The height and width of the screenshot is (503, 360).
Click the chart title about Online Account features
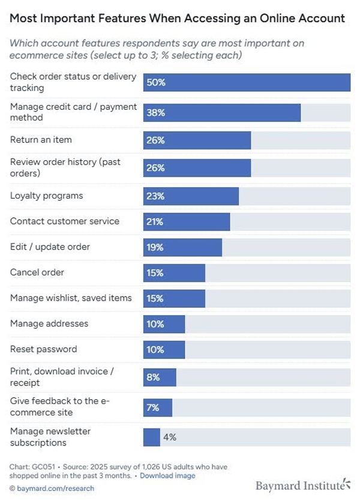178,18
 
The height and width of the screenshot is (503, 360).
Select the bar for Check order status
247,82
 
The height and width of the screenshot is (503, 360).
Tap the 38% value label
155,112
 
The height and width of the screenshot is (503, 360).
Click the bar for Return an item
197,140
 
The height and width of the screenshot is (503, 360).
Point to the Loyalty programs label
47,196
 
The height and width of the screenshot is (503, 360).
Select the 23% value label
155,196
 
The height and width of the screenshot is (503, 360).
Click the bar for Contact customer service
187,221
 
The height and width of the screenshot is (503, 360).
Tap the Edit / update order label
50,247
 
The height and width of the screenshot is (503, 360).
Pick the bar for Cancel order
174,273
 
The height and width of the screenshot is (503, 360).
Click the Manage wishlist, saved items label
71,298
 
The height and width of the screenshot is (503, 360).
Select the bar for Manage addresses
164,324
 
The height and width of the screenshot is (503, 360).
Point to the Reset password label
43,349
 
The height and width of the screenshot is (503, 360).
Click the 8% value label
153,378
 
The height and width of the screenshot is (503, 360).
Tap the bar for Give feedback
158,408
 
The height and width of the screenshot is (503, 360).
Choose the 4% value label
169,437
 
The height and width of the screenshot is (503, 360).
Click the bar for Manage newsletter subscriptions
152,437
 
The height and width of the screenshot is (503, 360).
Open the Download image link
168,475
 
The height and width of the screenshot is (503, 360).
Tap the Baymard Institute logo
302,484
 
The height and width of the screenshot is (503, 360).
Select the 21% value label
155,221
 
